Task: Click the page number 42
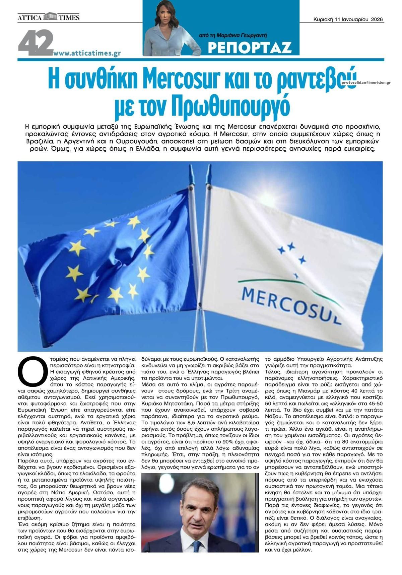pyautogui.click(x=36, y=43)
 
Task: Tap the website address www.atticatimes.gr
pyautogui.click(x=87, y=53)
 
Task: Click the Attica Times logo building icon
pyautogui.click(x=50, y=16)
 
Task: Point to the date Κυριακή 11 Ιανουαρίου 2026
pyautogui.click(x=348, y=19)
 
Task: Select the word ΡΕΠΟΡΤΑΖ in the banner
pyautogui.click(x=249, y=48)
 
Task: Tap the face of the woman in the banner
pyautogui.click(x=164, y=15)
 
